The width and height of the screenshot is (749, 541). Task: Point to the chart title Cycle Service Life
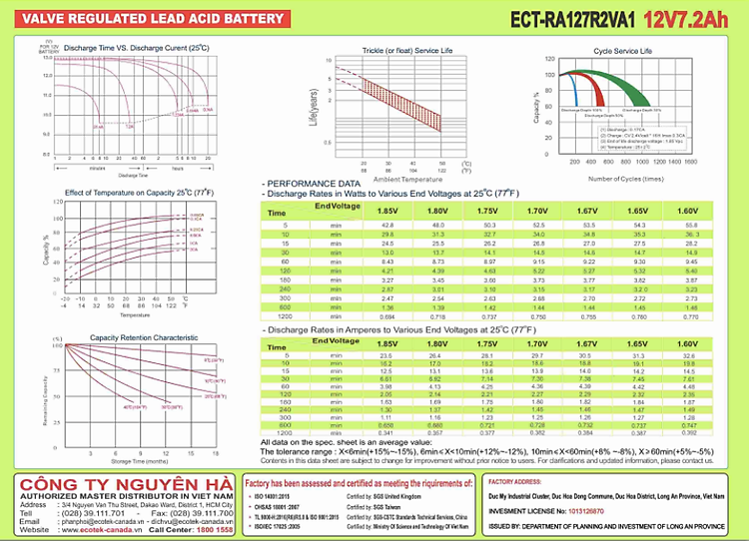(x=623, y=50)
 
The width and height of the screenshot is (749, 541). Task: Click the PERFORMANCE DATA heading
(x=315, y=185)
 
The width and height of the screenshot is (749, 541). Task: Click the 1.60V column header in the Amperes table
(x=687, y=343)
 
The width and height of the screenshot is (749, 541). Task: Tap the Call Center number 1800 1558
(x=215, y=529)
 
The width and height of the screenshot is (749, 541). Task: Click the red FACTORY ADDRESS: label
(x=515, y=481)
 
